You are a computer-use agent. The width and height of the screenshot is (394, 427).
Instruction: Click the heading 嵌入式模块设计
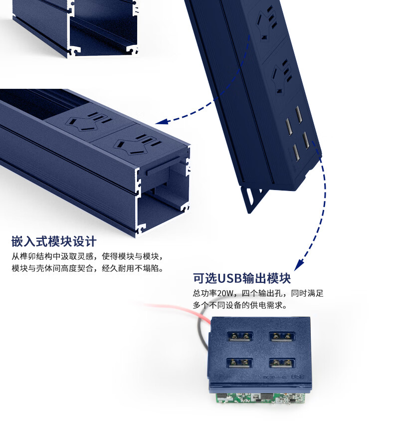(x=54, y=241)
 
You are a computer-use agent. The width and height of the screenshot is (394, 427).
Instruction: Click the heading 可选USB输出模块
(x=242, y=278)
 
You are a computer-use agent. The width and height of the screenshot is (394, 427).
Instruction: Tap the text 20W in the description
(x=225, y=293)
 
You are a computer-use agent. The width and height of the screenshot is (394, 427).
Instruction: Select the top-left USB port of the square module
(x=240, y=337)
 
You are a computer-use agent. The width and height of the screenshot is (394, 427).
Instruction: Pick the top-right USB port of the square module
(x=282, y=337)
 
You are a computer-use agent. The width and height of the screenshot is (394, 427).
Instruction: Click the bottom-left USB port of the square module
(x=239, y=363)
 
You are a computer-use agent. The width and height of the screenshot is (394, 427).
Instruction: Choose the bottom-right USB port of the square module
(x=282, y=363)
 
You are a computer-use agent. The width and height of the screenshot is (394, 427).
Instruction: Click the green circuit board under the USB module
(x=261, y=398)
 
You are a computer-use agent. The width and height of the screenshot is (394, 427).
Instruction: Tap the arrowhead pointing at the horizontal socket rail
(x=161, y=121)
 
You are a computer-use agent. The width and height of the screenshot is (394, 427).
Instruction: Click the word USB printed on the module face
(x=297, y=377)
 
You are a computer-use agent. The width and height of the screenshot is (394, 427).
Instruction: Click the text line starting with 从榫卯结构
(x=88, y=256)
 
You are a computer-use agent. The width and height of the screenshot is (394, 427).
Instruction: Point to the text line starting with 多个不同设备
(x=240, y=305)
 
